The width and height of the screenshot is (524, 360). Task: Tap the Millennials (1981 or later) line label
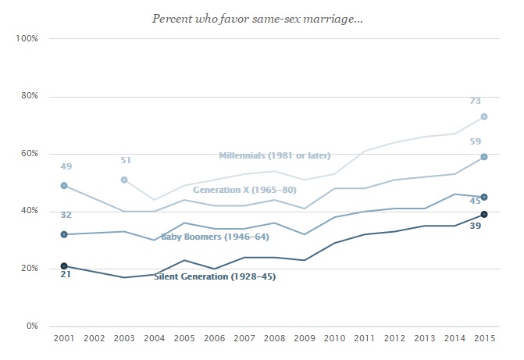[x=274, y=155]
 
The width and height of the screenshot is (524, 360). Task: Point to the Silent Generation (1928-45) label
[x=215, y=276]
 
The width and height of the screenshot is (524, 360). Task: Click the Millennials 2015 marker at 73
[x=484, y=116]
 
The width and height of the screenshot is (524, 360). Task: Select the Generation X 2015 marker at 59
[x=484, y=157]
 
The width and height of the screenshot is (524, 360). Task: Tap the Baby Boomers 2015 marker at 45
[x=484, y=197]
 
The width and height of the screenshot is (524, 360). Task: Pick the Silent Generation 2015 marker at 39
[x=484, y=214]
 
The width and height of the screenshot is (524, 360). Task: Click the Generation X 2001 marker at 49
[x=64, y=186]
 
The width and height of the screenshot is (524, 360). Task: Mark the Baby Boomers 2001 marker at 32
[x=64, y=234]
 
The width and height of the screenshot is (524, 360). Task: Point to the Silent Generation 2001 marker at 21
[x=64, y=266]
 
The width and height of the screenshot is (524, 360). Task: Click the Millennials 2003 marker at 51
[x=124, y=180]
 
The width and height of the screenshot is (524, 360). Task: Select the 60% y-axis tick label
[x=29, y=154]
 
